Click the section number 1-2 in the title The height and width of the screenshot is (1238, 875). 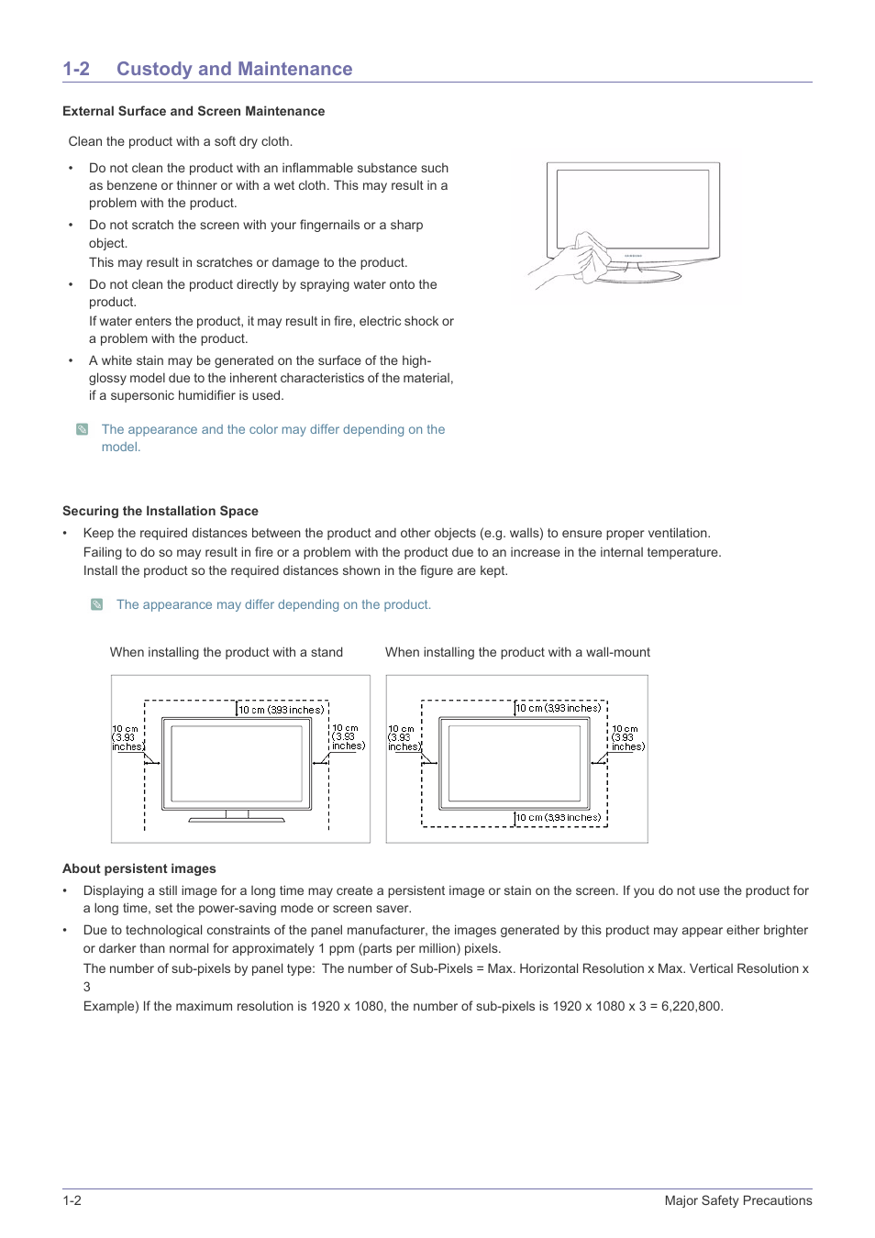click(x=76, y=69)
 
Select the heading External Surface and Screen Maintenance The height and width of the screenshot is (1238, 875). click(x=194, y=111)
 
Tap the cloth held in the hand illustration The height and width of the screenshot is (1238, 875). click(x=588, y=254)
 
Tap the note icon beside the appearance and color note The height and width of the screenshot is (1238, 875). click(x=83, y=429)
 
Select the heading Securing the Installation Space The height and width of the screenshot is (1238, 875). click(x=161, y=511)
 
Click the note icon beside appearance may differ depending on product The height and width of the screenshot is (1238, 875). click(x=97, y=604)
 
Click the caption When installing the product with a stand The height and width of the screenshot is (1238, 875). click(x=227, y=652)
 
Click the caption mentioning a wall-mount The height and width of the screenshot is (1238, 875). click(x=517, y=652)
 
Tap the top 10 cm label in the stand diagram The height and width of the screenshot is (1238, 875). click(x=281, y=710)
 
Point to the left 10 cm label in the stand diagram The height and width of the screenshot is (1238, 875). click(x=127, y=738)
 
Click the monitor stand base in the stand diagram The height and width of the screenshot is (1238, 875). click(x=237, y=818)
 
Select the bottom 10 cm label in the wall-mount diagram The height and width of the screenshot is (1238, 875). click(x=558, y=817)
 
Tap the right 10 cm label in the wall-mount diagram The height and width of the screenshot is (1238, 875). click(x=627, y=738)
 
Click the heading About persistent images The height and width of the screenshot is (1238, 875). click(x=139, y=868)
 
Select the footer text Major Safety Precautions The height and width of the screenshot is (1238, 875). click(x=738, y=1200)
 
